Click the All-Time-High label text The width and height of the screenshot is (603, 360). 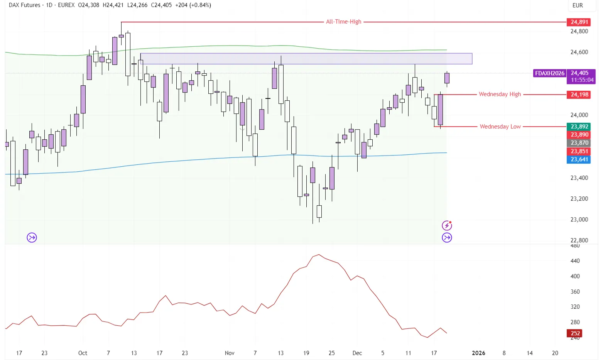click(x=343, y=22)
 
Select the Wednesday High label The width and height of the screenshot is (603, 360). click(x=500, y=94)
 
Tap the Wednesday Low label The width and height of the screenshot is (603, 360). click(x=500, y=127)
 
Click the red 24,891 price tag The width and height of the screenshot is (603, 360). click(x=579, y=22)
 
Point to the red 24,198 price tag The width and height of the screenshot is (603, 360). click(x=579, y=95)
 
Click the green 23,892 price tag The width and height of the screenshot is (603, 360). click(x=579, y=127)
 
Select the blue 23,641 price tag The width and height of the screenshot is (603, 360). click(x=579, y=159)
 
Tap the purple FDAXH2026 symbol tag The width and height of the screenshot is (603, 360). click(x=549, y=73)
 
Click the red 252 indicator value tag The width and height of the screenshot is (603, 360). click(x=575, y=333)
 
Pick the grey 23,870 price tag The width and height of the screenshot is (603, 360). click(x=579, y=143)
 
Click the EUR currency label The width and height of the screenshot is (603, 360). click(x=578, y=5)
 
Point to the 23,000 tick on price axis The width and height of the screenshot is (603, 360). click(x=579, y=220)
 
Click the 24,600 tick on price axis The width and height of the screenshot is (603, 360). click(x=579, y=52)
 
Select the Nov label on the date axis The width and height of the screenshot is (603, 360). click(x=230, y=353)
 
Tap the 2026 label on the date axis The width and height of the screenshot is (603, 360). click(x=478, y=353)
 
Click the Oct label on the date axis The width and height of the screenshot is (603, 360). click(x=83, y=353)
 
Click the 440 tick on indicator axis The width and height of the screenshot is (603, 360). click(x=575, y=261)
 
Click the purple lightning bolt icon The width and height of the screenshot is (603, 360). click(x=447, y=225)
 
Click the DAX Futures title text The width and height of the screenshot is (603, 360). click(x=24, y=5)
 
